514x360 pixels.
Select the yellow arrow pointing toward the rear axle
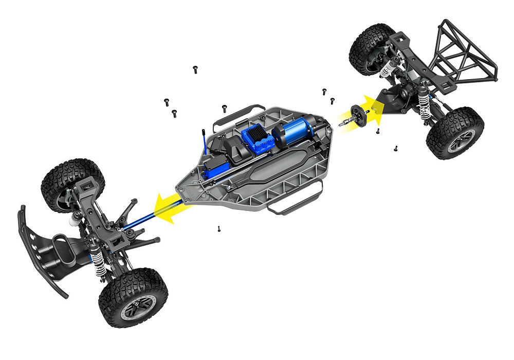click(x=371, y=109)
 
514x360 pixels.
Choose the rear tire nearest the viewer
click(x=454, y=133)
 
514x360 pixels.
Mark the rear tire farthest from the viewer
click(x=371, y=49)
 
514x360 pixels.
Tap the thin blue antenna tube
click(x=204, y=142)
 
